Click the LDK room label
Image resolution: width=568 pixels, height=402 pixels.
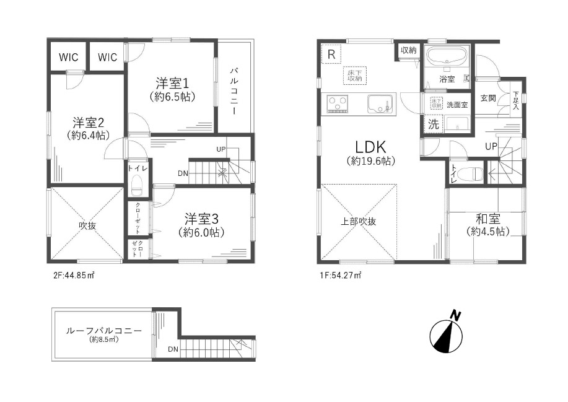tap(370, 147)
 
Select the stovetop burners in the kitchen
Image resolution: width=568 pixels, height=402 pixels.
tap(337, 103)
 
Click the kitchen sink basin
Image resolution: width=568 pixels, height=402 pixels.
tap(380, 104)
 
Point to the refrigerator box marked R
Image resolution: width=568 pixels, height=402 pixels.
tap(331, 55)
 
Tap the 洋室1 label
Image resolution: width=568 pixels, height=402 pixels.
tap(172, 84)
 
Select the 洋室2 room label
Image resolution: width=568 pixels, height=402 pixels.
tap(89, 123)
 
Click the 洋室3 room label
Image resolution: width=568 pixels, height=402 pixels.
tap(201, 219)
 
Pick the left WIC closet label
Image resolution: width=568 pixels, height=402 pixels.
tap(69, 57)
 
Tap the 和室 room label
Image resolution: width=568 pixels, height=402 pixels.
tap(488, 219)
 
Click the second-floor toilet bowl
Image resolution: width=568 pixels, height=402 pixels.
tap(137, 185)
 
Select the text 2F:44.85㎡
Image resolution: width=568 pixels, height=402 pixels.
tap(74, 275)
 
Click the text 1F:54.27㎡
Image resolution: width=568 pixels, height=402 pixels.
tap(341, 275)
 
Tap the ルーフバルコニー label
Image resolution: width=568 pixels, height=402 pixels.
tap(104, 331)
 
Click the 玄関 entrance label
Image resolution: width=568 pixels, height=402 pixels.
tap(488, 98)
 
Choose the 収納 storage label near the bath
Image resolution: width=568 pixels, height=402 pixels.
tap(409, 50)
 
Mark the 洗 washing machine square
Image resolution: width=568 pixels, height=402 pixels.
tap(433, 125)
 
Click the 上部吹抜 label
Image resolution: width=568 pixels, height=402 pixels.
tap(358, 221)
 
